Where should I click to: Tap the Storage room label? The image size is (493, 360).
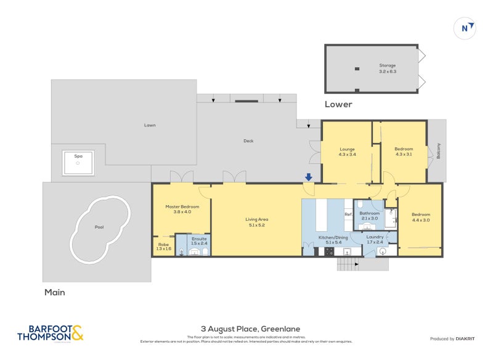388,65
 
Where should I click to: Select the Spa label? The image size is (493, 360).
78,157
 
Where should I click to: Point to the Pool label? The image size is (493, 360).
99,227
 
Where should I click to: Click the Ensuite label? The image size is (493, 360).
199,238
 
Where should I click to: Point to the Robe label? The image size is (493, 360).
163,245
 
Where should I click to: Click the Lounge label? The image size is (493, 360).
347,149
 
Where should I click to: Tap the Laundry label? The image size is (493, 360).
375,237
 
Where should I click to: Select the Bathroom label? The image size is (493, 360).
370,213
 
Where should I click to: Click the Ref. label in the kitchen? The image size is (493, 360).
348,215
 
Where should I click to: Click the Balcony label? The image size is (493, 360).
438,151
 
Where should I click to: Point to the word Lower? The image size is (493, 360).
338,104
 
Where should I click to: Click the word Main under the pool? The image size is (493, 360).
54,292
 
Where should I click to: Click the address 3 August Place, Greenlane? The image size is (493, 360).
250,329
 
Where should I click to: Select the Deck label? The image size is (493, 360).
248,141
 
